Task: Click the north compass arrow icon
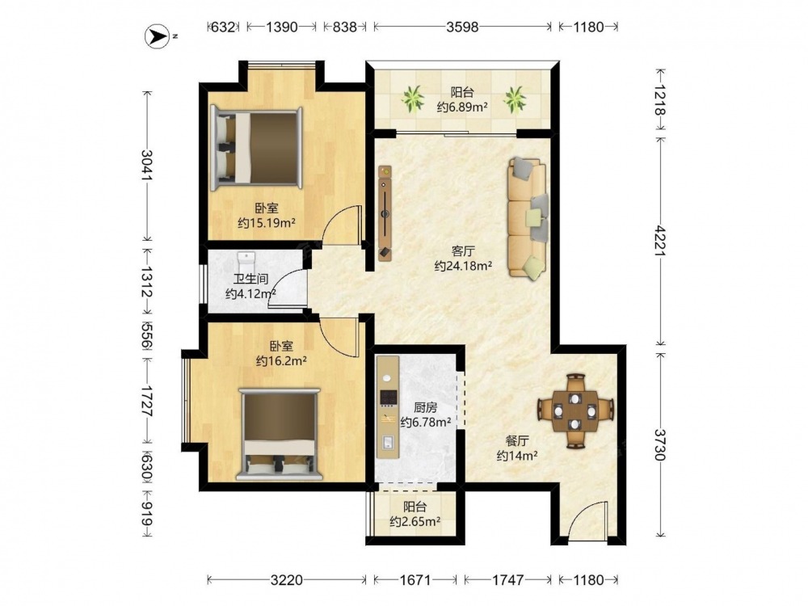click(x=158, y=36)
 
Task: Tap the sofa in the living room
click(x=527, y=219)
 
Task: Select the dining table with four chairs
click(x=575, y=411)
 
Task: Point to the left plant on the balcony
click(x=412, y=99)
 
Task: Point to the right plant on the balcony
click(x=515, y=99)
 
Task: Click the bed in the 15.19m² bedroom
click(x=257, y=148)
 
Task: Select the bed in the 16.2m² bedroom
click(x=280, y=435)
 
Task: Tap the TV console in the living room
click(x=385, y=213)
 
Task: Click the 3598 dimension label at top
click(x=462, y=27)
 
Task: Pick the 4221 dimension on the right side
click(x=661, y=240)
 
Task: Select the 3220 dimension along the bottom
click(x=287, y=580)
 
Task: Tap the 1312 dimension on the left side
click(x=146, y=282)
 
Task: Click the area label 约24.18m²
click(x=463, y=266)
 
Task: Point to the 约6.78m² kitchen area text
click(x=426, y=423)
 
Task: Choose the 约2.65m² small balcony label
click(x=415, y=521)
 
